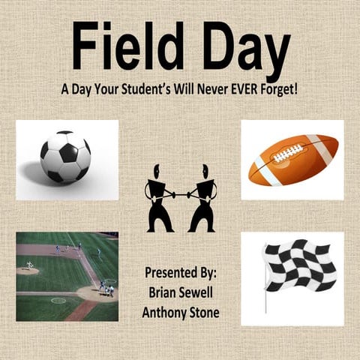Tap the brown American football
(293, 159)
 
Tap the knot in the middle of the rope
(181, 194)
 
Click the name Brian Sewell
(181, 292)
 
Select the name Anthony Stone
(181, 311)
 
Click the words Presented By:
(181, 272)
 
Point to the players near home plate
(107, 289)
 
